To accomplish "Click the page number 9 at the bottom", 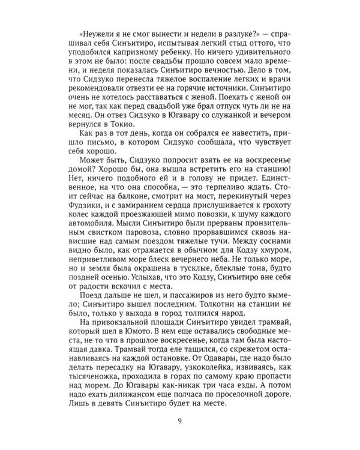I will [181, 421].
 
